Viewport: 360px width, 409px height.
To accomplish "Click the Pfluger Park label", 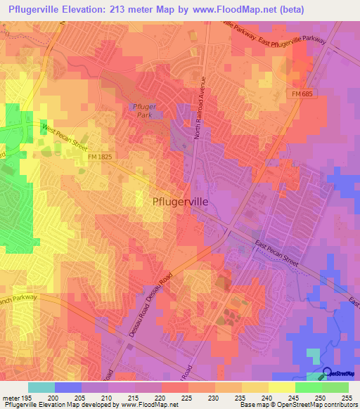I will click(143, 110).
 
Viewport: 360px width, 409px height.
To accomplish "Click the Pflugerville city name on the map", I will click(180, 201).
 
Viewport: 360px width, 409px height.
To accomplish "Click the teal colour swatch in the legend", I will click(41, 387).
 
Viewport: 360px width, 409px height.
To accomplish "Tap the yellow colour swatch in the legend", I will click(282, 387).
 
